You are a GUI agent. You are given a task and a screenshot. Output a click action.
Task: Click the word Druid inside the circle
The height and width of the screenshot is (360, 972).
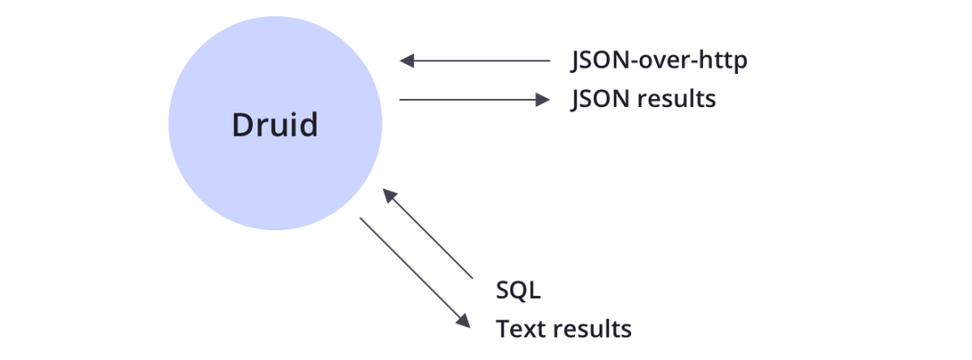[x=274, y=124]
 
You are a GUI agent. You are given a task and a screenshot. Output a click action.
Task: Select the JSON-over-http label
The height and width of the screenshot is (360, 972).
[x=660, y=61]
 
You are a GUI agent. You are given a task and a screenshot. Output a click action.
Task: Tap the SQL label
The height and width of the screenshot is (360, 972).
[x=517, y=291]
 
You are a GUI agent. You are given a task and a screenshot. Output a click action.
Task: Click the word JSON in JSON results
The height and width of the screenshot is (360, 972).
[x=600, y=98]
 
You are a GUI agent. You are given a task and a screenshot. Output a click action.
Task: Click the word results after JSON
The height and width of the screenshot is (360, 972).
[x=677, y=98]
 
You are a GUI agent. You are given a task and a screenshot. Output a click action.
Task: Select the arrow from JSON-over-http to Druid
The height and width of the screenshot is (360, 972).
[x=474, y=61]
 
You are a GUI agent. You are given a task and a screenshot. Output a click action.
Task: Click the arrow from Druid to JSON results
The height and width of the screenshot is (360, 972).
[x=474, y=99]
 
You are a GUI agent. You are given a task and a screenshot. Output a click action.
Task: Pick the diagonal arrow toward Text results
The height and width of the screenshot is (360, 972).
[x=414, y=271]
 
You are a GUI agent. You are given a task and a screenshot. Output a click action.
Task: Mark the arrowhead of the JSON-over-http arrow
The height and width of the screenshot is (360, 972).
[x=405, y=61]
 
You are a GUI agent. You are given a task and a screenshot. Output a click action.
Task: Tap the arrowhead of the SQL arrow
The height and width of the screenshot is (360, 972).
[x=388, y=195]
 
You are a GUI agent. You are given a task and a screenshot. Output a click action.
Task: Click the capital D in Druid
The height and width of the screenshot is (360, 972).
[x=242, y=124]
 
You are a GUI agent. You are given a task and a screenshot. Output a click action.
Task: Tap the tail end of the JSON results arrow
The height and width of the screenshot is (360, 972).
[x=401, y=99]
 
